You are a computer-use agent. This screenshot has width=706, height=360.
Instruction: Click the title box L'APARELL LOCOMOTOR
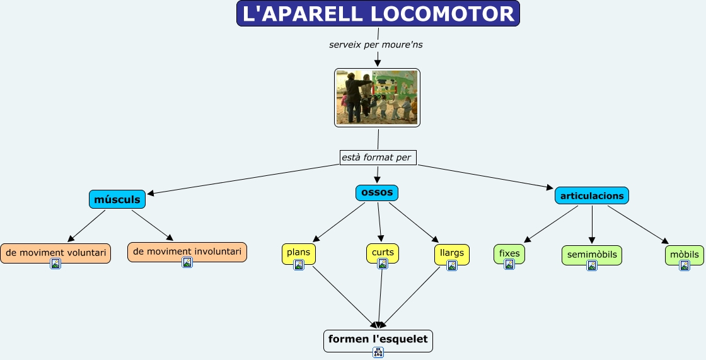coord(378,14)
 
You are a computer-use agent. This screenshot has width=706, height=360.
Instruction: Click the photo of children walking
coord(377,97)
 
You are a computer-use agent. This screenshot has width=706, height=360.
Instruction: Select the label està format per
coord(378,157)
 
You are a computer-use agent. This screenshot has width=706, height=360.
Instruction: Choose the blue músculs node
coord(117,199)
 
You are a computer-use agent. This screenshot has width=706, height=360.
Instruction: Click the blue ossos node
coord(377,192)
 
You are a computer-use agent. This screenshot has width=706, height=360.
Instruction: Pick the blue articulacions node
coord(591,195)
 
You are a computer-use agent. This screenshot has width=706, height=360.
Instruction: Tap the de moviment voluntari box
coord(55,252)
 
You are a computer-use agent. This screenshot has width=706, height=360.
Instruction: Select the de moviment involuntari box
coord(187,252)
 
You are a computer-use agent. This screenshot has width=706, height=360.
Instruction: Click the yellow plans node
coord(298,252)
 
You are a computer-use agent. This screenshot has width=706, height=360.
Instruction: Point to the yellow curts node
coord(383,252)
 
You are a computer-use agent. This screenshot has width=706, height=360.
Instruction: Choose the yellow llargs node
coord(451,253)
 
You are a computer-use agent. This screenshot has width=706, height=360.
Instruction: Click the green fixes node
coord(509,253)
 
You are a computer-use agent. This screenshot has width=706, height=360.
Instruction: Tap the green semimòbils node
coord(591,255)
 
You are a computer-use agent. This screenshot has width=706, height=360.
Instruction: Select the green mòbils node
coord(684,255)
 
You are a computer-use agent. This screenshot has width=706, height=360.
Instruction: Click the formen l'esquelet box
coord(378,339)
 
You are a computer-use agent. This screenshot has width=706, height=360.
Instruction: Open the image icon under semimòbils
coord(592,265)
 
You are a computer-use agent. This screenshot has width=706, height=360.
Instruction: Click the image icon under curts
coord(383,264)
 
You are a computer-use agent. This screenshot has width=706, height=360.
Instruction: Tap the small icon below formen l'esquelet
coord(378,352)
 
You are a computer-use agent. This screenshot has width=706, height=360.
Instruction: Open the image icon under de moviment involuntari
coord(187,262)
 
